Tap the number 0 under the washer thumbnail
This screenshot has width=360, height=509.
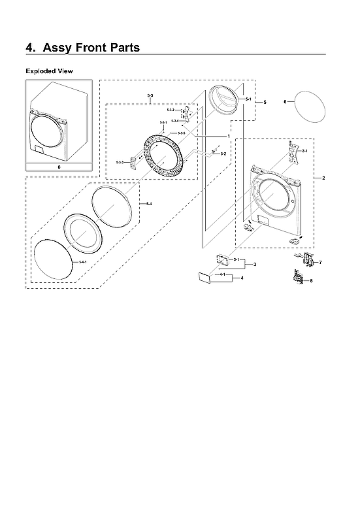coord(59,168)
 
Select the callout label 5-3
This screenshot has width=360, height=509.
coord(150,97)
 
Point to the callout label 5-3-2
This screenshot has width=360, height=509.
coord(171,110)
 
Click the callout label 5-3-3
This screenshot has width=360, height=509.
coord(120,161)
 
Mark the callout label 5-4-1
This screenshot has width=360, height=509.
coord(82,261)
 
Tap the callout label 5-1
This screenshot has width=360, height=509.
coord(248,99)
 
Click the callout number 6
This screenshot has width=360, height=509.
coord(285,102)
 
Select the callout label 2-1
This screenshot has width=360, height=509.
coord(304,151)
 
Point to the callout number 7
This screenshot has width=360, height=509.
coord(319,262)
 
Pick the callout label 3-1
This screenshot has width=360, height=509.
coord(235,260)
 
